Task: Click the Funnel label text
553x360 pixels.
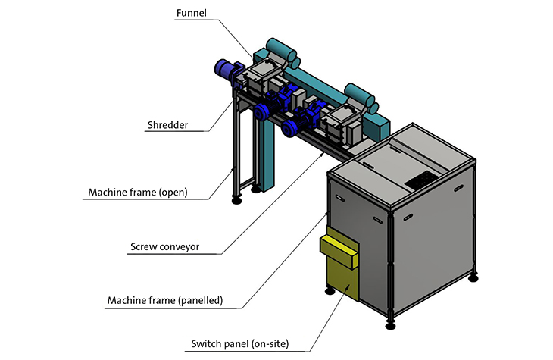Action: pos(191,13)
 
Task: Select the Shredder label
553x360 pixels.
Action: pos(167,125)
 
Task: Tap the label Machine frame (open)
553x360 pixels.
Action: pos(138,193)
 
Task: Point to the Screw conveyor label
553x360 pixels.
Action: pos(164,247)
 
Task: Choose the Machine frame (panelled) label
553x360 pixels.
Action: pos(165,300)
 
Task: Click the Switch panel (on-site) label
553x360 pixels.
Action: pos(240,344)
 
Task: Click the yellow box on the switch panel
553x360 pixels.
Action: pos(339,252)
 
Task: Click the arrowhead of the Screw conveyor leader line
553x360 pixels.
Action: pos(322,154)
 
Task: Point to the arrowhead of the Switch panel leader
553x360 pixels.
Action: pos(348,286)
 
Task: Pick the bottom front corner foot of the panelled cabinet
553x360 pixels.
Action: pos(390,325)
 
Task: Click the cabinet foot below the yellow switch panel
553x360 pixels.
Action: pos(330,291)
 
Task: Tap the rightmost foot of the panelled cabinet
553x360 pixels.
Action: pos(473,278)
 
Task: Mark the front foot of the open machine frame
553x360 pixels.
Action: pos(236,200)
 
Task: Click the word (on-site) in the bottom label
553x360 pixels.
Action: pos(270,344)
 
